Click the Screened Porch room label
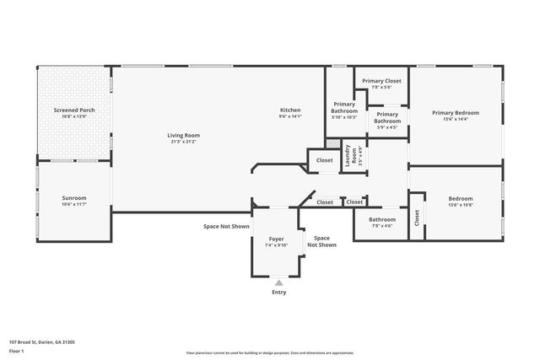click(73, 110)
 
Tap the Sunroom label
click(73, 198)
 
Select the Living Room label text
click(183, 135)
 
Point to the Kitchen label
click(290, 110)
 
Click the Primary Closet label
click(381, 81)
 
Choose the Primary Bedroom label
click(456, 113)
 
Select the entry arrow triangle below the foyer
click(279, 282)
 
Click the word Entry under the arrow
click(279, 293)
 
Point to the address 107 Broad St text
click(42, 341)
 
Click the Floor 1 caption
click(17, 350)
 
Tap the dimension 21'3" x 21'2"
click(183, 142)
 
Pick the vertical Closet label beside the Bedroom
click(417, 217)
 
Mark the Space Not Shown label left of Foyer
click(226, 226)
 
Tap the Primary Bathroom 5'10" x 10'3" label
click(344, 110)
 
